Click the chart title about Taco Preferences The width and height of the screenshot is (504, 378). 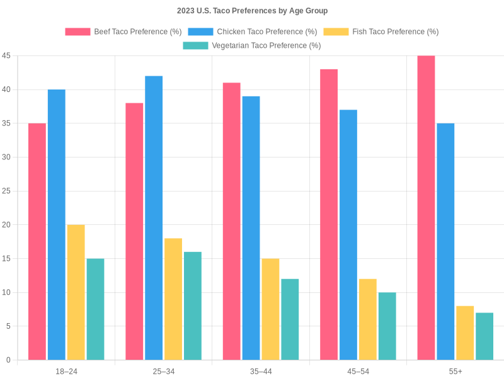point(252,11)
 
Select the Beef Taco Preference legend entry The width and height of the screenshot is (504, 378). point(123,31)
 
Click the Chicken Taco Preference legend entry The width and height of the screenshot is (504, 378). point(253,31)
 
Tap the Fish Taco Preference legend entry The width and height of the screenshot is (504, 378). point(381,31)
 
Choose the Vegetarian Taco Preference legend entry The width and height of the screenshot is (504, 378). point(252,45)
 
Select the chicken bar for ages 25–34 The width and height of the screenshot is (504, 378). point(154,218)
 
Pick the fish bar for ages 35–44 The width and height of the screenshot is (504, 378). point(270,309)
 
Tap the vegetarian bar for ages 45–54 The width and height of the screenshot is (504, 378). point(387,326)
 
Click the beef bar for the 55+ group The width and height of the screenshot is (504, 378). point(426,208)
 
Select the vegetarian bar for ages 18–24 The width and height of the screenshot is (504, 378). point(95,309)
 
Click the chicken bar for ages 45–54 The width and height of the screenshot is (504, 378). point(348,235)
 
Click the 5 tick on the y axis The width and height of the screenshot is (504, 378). point(8,326)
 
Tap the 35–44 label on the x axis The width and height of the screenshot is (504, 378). point(261,372)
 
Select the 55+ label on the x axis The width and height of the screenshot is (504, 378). point(455,372)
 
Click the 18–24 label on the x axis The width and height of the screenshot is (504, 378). point(66,372)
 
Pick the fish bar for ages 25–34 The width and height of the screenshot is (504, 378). point(173,299)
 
